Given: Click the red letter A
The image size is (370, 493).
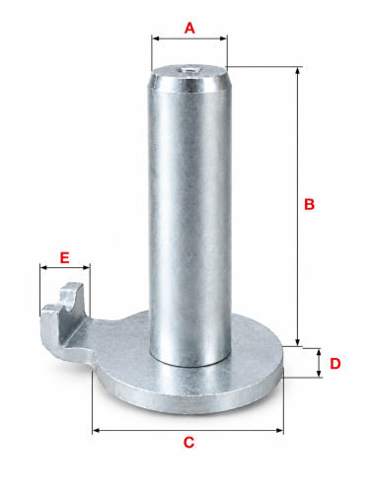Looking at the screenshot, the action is tap(189, 28).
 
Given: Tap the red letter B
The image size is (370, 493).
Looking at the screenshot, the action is tap(309, 204).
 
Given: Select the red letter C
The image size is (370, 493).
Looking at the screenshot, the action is tap(188, 443).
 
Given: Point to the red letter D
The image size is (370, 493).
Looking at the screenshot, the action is tap(334, 364).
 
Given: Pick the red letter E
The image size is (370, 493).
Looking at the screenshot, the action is tap(64, 257).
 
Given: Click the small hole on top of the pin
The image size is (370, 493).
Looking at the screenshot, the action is tap(186, 70).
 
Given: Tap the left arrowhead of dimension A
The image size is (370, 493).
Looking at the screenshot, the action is tap(156, 38).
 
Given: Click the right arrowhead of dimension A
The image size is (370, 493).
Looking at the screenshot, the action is tap(223, 38).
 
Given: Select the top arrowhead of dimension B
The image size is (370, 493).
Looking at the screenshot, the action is tap(298, 71).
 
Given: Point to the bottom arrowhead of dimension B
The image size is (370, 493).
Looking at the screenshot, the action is tap(298, 342).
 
